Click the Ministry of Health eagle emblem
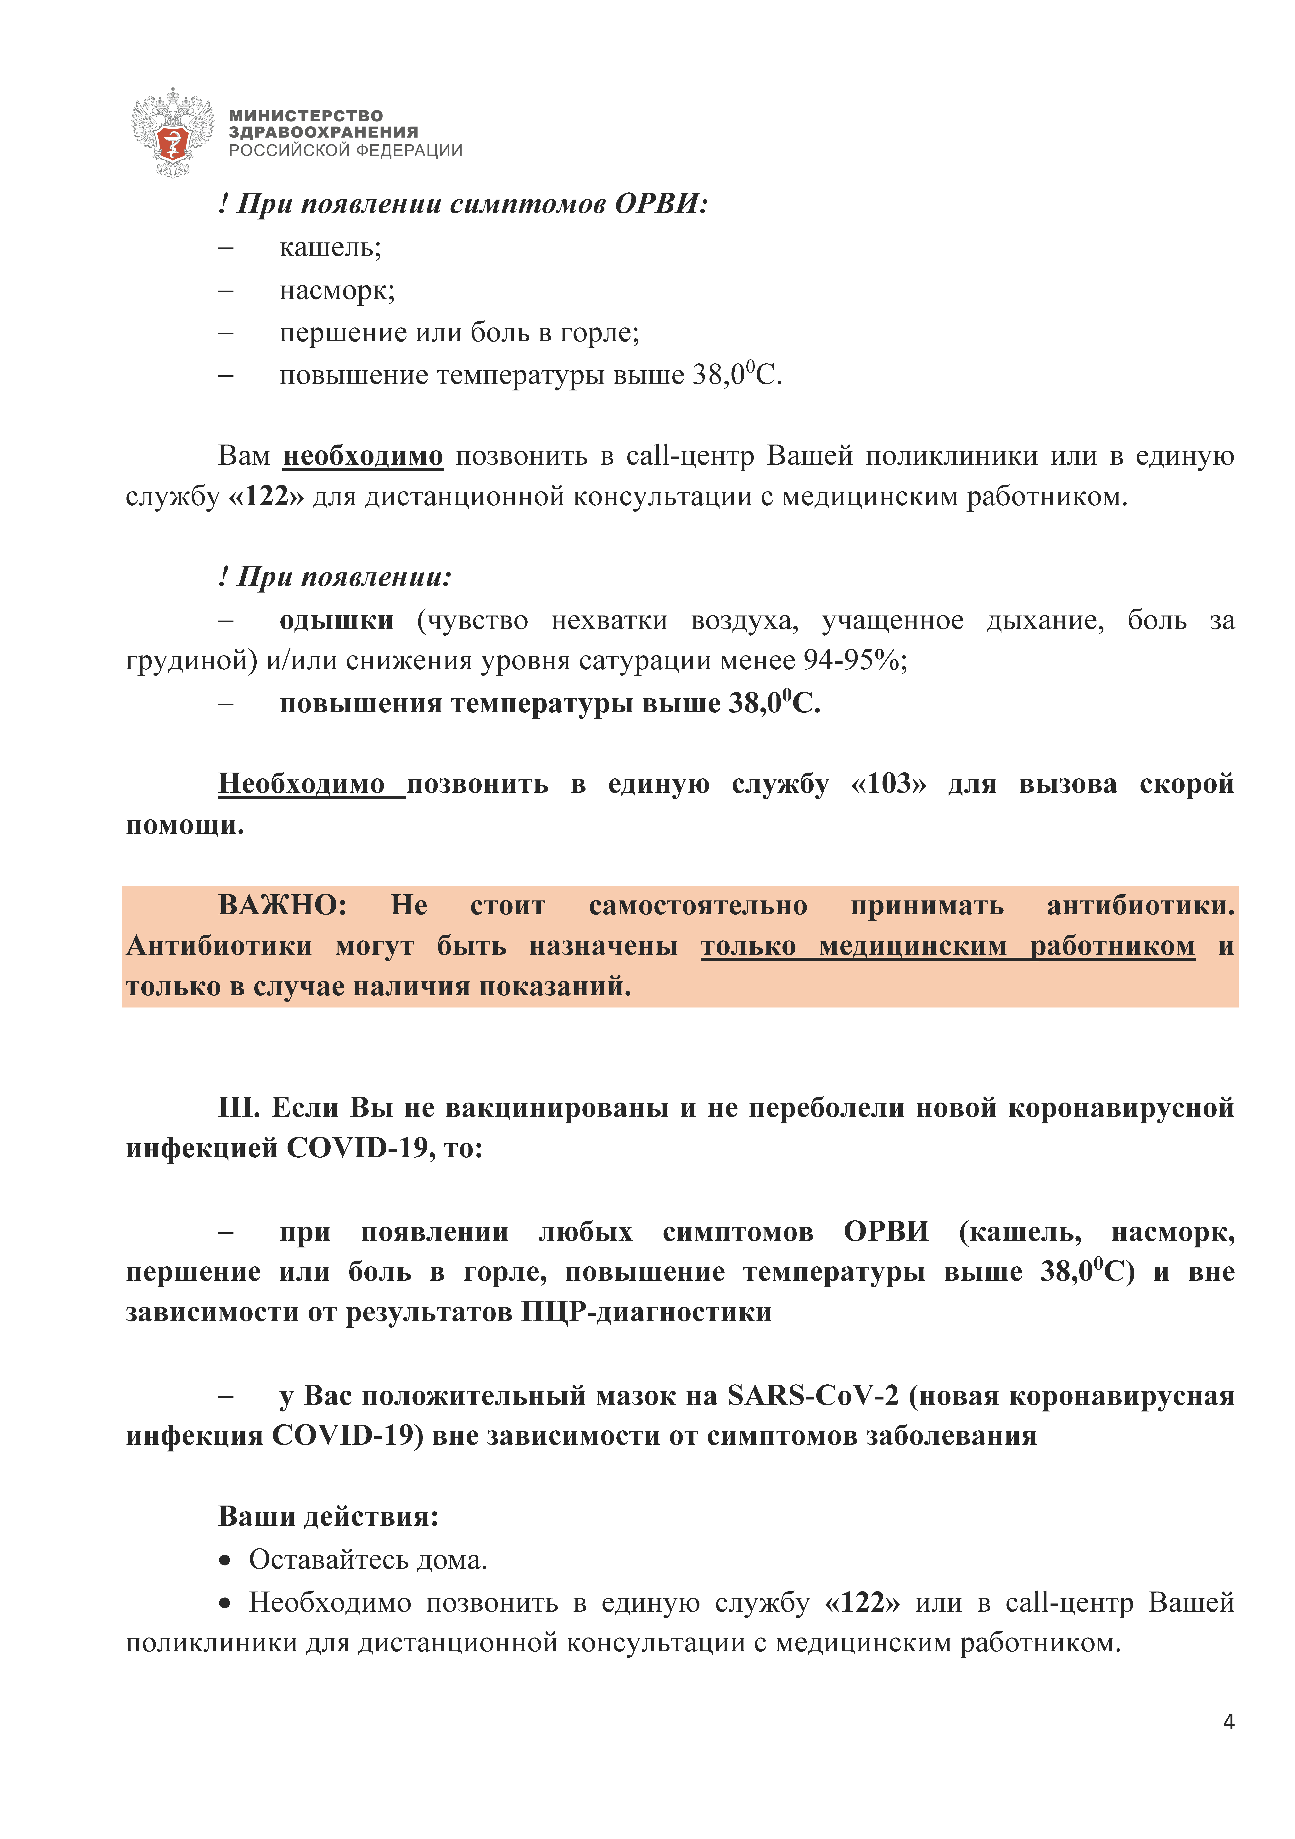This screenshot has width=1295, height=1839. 172,132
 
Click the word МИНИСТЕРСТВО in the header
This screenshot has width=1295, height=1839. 306,116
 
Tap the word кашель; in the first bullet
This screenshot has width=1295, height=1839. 330,247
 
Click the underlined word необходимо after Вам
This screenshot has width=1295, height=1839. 363,456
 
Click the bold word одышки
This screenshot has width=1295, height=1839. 336,620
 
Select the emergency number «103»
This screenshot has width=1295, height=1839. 889,783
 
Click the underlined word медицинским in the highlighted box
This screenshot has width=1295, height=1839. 913,946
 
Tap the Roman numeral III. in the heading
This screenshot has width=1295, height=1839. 239,1108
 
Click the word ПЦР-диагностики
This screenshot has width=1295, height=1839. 646,1312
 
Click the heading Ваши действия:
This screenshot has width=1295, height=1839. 328,1516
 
